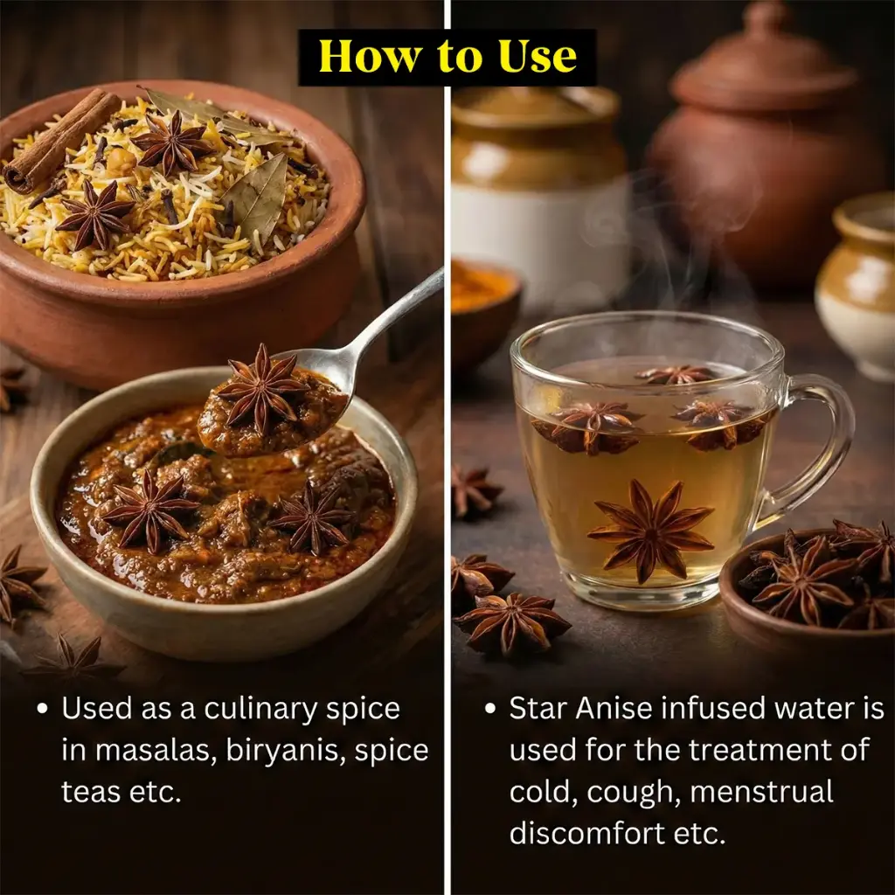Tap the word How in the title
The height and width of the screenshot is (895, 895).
pos(371,57)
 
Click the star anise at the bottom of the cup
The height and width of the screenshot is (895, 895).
pos(650,531)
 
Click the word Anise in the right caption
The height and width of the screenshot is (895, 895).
pos(614,708)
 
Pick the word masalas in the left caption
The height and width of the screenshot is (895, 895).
pos(156,752)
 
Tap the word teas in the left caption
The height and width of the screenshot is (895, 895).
pos(91,792)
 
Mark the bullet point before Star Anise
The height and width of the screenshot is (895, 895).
pos(490,709)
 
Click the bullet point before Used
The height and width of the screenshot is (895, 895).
pos(42,709)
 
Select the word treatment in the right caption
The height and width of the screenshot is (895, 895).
pos(749,750)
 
